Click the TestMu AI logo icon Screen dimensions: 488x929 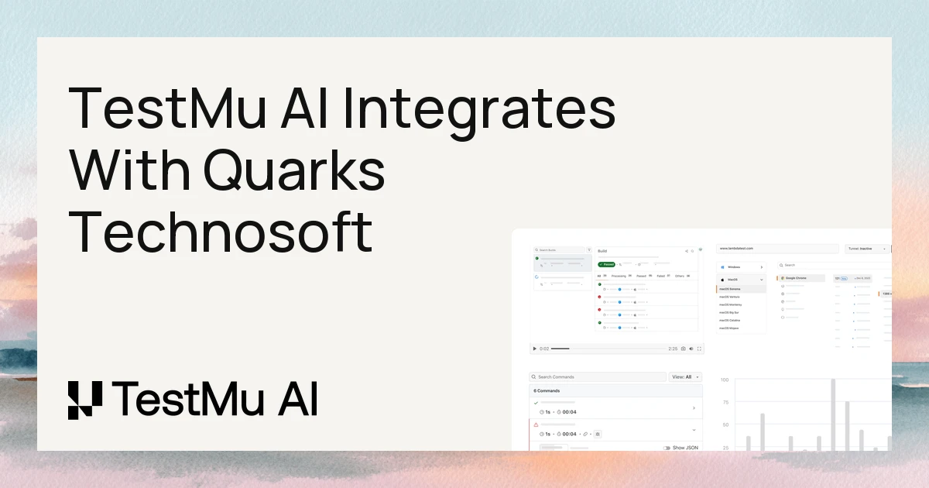[x=85, y=400]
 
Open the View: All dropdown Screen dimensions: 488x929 [x=685, y=377]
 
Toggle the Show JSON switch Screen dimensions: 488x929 [x=667, y=448]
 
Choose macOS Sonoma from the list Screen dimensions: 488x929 [x=732, y=288]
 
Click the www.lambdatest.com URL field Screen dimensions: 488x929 [x=777, y=249]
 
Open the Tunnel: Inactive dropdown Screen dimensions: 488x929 [x=866, y=249]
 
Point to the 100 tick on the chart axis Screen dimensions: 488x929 [x=725, y=380]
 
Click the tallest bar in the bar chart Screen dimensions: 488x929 [x=833, y=414]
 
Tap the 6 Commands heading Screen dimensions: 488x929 [x=547, y=391]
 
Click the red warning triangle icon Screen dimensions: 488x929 [x=536, y=425]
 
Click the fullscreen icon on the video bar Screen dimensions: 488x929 [x=701, y=349]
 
